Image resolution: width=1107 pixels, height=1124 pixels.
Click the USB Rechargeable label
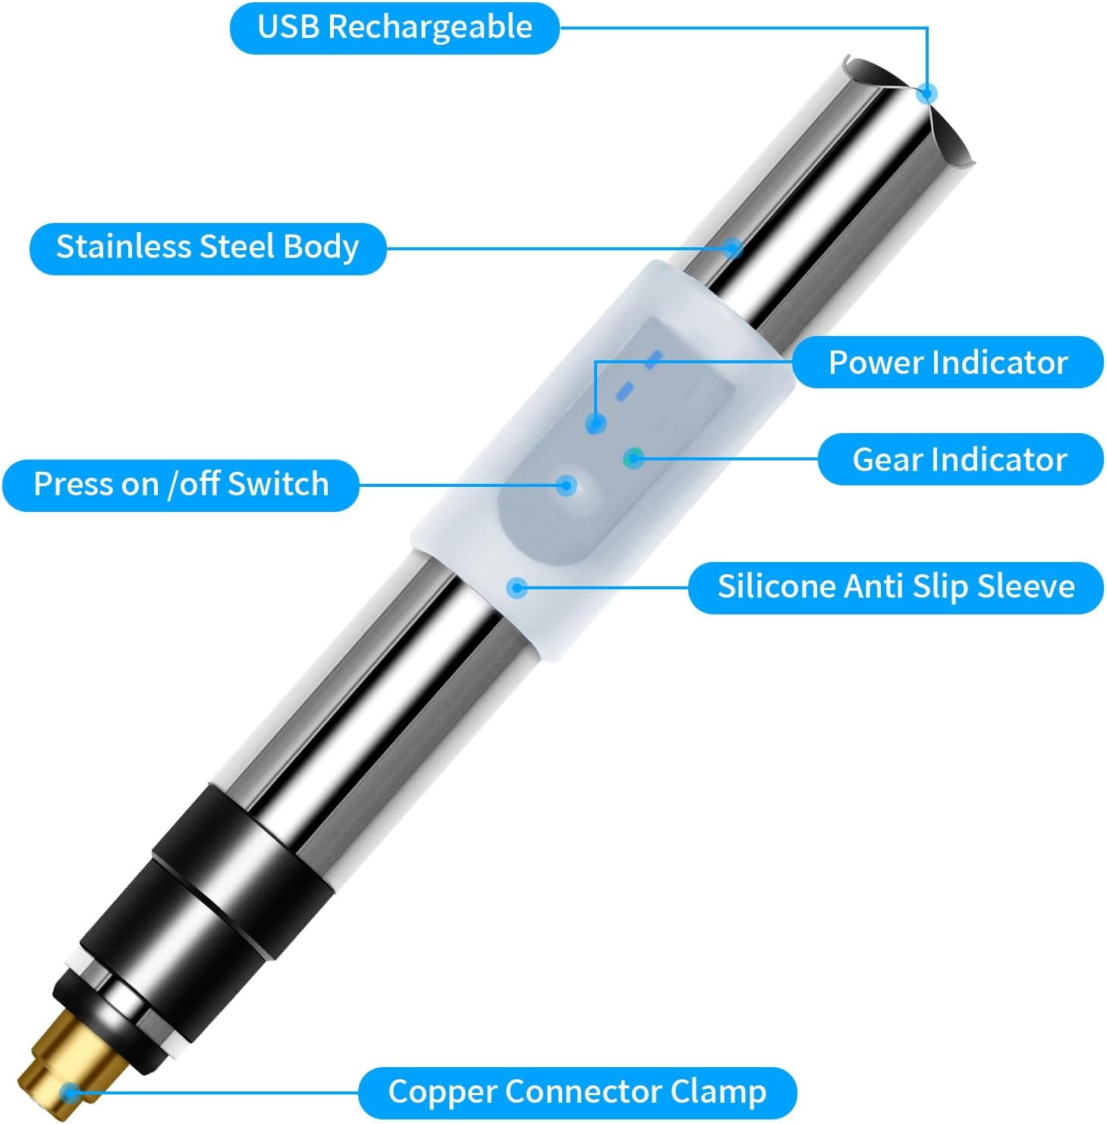pyautogui.click(x=395, y=28)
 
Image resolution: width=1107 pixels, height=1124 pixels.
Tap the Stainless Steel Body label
pyautogui.click(x=207, y=248)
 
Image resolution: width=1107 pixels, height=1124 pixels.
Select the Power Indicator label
pyautogui.click(x=948, y=363)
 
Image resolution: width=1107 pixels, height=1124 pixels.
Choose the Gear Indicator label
pyautogui.click(x=960, y=460)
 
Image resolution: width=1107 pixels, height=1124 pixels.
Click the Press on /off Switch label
pyautogui.click(x=181, y=485)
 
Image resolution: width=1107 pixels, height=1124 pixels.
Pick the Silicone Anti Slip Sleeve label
pyautogui.click(x=895, y=587)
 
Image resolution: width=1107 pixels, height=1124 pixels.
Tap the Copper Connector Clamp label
pyautogui.click(x=577, y=1092)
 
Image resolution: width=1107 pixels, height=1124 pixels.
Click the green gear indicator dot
pyautogui.click(x=634, y=457)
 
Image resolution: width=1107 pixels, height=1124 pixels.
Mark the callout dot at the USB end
pyautogui.click(x=926, y=93)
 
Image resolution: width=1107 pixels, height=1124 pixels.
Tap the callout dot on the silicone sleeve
pyautogui.click(x=517, y=587)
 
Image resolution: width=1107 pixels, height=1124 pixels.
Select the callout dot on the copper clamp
pyautogui.click(x=71, y=1092)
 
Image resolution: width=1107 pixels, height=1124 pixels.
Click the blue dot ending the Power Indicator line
pyautogui.click(x=596, y=424)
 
